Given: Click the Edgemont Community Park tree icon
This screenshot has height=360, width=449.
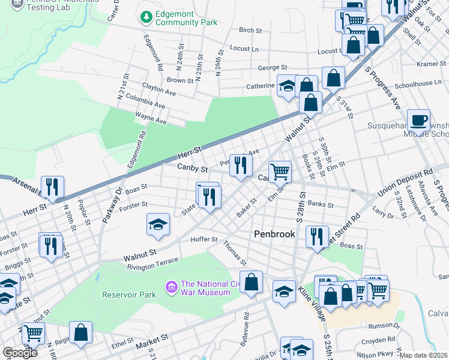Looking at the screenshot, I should click(x=145, y=18).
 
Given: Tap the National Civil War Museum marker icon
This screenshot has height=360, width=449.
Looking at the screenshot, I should click(x=171, y=288).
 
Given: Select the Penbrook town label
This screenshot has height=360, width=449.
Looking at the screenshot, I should click(x=274, y=234).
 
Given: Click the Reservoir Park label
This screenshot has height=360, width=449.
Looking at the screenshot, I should click(x=129, y=295).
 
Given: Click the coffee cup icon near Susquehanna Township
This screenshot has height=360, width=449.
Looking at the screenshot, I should click(x=418, y=120).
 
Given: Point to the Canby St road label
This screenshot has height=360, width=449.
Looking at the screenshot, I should click(x=192, y=168).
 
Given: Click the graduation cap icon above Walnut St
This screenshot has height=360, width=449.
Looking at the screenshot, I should click(x=158, y=224).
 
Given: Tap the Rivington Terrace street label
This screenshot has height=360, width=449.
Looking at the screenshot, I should click(x=152, y=262).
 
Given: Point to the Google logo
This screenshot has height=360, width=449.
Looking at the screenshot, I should click(x=20, y=353).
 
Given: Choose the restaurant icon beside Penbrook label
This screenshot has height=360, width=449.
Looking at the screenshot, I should click(x=316, y=236).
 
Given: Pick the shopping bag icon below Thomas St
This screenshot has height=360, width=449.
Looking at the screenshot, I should click(x=251, y=281).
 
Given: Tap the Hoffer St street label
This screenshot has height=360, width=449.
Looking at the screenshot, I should click(x=203, y=239).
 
